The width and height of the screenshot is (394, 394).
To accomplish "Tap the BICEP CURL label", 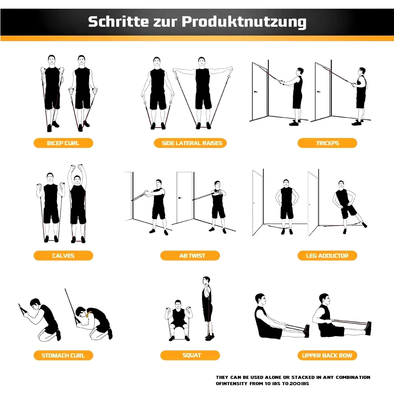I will (63, 143).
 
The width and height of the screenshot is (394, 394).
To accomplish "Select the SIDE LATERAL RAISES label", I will (192, 143).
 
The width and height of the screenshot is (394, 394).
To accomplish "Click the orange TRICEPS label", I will (327, 143).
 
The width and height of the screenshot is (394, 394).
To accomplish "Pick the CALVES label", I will (63, 256).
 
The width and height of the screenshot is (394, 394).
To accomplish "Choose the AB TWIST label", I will (192, 256).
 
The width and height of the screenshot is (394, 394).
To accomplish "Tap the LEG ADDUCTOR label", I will (327, 256).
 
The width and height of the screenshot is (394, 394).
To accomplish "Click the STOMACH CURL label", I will (63, 355).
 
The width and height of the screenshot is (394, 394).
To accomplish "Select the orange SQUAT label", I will (192, 355).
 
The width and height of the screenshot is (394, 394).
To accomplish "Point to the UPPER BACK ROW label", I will (327, 355).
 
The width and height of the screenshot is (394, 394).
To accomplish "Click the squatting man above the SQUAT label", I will (178, 319).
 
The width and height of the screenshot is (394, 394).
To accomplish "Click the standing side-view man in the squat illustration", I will (207, 307).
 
